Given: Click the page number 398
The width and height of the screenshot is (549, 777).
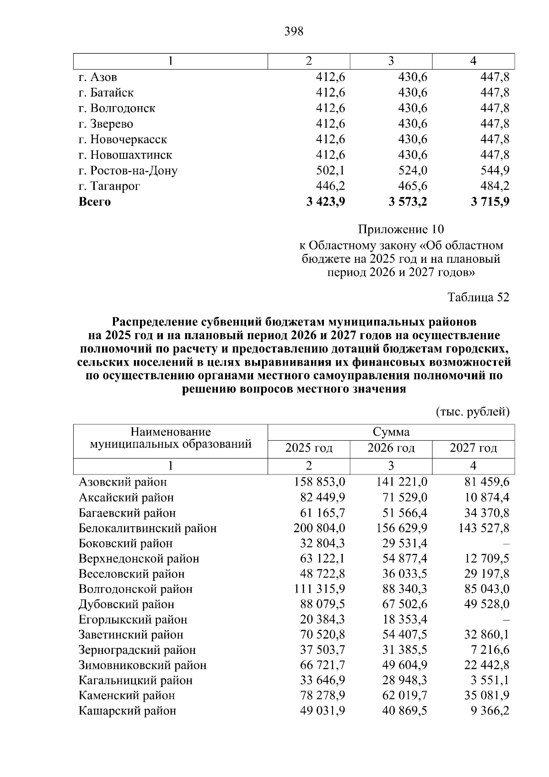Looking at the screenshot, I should (x=294, y=32).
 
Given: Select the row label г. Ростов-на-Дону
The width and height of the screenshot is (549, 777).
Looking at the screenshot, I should (x=128, y=171).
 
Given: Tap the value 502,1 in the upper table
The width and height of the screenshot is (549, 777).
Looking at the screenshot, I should (x=330, y=171).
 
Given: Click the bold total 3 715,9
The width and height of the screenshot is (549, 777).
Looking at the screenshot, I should (x=490, y=202).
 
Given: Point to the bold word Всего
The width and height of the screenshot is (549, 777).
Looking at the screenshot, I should (x=95, y=202).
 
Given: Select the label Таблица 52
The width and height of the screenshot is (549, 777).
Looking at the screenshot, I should (x=478, y=297).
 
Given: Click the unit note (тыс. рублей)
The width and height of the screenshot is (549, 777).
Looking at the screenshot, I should (x=473, y=412).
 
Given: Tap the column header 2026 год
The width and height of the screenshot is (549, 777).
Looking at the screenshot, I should (x=391, y=448).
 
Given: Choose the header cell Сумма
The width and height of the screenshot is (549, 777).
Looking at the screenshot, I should (x=391, y=432).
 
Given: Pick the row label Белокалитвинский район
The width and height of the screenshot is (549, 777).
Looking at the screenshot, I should (x=147, y=529).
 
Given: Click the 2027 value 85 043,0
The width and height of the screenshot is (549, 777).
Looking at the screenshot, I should (x=487, y=589).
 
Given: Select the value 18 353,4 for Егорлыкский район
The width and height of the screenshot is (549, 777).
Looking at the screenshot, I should (x=404, y=620).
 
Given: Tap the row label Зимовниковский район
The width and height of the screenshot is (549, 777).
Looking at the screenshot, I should (x=142, y=665).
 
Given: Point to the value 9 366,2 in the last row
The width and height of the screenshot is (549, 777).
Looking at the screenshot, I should (x=490, y=711).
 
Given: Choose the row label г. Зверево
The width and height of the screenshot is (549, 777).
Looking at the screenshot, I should (x=106, y=124).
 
